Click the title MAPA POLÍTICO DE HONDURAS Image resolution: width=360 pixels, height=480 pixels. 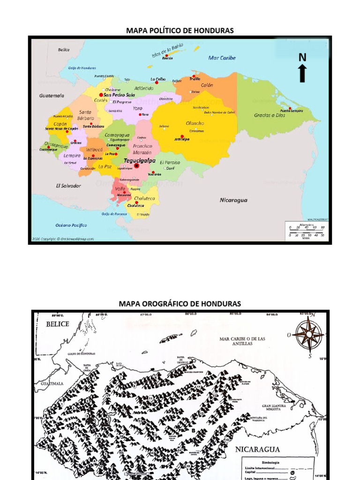(x=180, y=31)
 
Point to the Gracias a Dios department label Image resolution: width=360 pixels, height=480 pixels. (x=270, y=115)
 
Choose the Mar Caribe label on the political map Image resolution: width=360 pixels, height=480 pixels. (x=222, y=58)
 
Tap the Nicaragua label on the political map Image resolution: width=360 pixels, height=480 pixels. (x=233, y=200)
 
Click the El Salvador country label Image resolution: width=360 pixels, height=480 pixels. (x=68, y=186)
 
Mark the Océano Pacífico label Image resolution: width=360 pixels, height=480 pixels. (x=71, y=225)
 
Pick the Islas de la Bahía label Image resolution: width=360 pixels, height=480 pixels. (x=167, y=50)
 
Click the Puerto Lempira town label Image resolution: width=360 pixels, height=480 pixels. (x=292, y=111)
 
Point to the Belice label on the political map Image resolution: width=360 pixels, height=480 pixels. (x=64, y=50)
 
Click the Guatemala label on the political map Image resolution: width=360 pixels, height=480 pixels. (x=52, y=96)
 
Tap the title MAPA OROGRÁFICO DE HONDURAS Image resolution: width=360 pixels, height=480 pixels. (x=180, y=304)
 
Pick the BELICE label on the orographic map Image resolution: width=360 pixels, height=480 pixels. (x=58, y=323)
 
